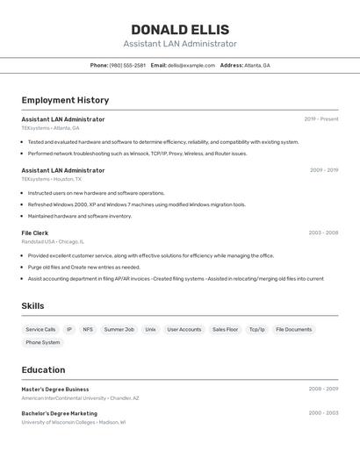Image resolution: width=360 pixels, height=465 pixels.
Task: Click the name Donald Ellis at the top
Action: pyautogui.click(x=180, y=29)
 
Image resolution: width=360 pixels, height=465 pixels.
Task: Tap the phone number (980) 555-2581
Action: pyautogui.click(x=127, y=65)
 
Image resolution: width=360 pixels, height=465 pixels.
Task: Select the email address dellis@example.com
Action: pyautogui.click(x=191, y=65)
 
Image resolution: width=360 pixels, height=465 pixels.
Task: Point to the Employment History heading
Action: pyautogui.click(x=65, y=100)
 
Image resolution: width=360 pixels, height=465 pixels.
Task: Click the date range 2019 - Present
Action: pyautogui.click(x=321, y=119)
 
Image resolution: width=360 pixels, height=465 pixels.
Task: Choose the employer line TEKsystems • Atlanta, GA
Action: pyautogui.click(x=50, y=128)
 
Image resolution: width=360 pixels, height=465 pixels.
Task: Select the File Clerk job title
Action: pyautogui.click(x=35, y=232)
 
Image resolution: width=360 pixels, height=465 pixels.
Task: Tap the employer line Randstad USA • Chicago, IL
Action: pyautogui.click(x=53, y=241)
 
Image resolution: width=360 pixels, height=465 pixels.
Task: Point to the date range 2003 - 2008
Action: pyautogui.click(x=323, y=232)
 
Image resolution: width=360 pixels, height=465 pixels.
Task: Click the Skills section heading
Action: pyautogui.click(x=32, y=306)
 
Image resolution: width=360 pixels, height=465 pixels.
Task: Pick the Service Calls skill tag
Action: pyautogui.click(x=40, y=329)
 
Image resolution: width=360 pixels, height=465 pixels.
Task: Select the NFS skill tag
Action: pyautogui.click(x=88, y=329)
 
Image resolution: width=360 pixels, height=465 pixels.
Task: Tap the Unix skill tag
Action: pyautogui.click(x=150, y=329)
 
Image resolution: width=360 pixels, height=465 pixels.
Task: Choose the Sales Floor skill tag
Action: pyautogui.click(x=225, y=329)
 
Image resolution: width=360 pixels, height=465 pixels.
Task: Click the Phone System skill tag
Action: pyautogui.click(x=43, y=342)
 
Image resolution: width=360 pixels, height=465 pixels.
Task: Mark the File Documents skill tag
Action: pyautogui.click(x=293, y=329)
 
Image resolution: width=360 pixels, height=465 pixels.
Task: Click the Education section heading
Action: pyautogui.click(x=43, y=370)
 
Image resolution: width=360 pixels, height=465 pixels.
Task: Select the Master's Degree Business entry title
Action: pyautogui.click(x=55, y=389)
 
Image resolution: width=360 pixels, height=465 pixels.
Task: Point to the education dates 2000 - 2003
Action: pyautogui.click(x=323, y=413)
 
